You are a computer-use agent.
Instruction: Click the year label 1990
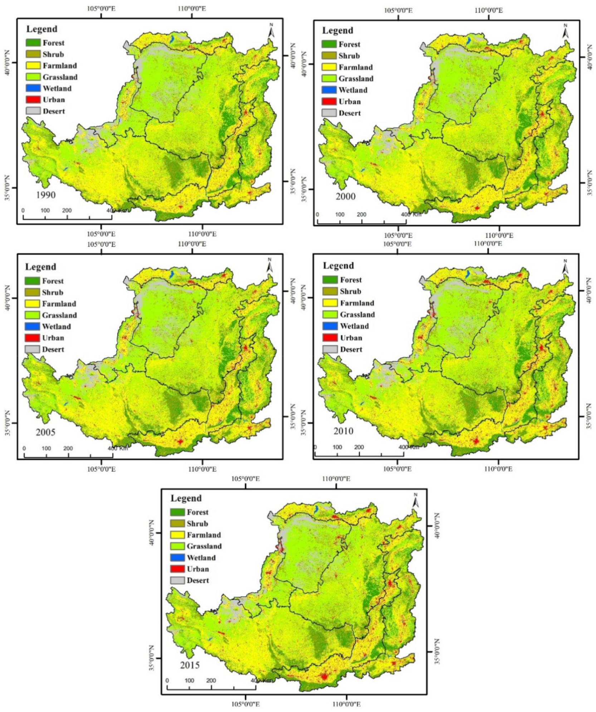[46, 195]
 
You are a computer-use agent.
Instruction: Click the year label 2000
[345, 197]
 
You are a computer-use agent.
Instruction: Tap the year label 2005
[46, 432]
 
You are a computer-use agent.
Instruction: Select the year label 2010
[343, 431]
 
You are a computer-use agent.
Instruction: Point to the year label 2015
[190, 665]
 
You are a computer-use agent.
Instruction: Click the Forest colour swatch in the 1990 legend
[33, 43]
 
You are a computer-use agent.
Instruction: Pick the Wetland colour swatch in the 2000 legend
[329, 90]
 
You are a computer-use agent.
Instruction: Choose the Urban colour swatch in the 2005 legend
[32, 338]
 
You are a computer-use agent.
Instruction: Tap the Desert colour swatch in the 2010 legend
[330, 349]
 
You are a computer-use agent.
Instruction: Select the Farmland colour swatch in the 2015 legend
[177, 535]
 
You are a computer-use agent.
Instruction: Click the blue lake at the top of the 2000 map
[468, 41]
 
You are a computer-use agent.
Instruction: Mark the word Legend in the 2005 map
[40, 267]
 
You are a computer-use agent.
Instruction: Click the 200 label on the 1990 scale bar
[67, 210]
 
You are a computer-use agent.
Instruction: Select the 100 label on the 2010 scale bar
[337, 447]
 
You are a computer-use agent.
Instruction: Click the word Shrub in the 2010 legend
[351, 291]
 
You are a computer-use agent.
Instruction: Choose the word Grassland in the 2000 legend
[356, 79]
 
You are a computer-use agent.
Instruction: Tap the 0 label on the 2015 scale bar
[167, 680]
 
